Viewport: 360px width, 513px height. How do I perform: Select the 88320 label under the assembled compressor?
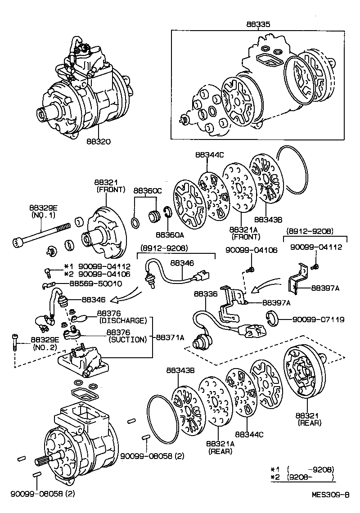(x=99, y=142)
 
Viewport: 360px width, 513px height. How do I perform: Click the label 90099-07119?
(x=318, y=319)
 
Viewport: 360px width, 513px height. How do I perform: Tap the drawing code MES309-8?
(x=331, y=494)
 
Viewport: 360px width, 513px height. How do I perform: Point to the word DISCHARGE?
(x=123, y=321)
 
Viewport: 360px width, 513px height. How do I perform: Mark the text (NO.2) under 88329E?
(x=42, y=347)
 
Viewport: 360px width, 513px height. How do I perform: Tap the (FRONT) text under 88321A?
(x=243, y=237)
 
